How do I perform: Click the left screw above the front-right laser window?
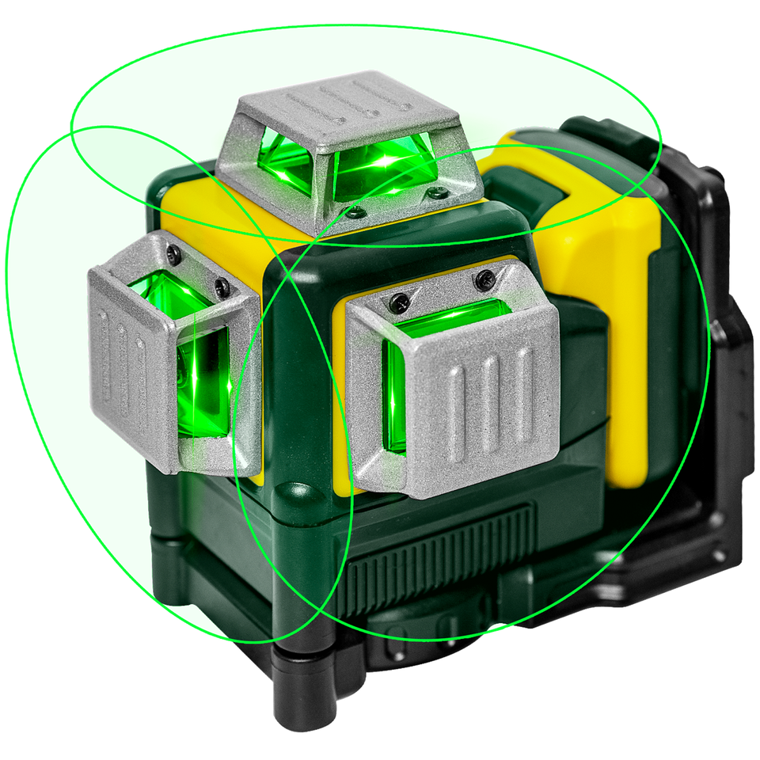tap(400, 301)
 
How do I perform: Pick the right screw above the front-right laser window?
tap(484, 279)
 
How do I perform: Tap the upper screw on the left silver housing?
tap(173, 254)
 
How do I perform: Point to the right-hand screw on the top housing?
tap(434, 192)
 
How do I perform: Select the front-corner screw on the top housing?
tap(357, 212)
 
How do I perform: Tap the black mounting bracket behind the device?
tap(712, 356)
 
